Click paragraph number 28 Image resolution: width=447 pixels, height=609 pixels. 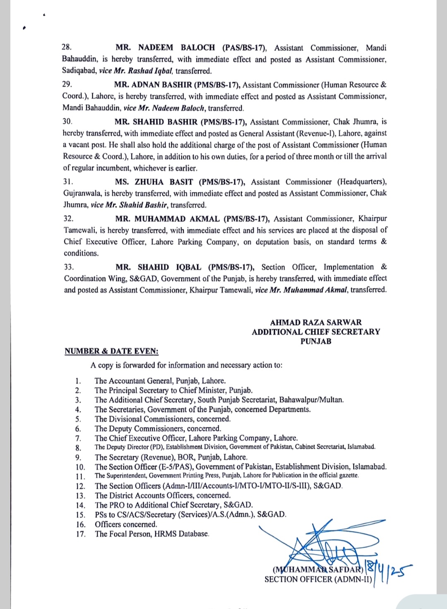(67, 48)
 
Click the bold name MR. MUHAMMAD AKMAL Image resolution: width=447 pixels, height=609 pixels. (167, 219)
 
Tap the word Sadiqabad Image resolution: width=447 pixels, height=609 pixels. (79, 71)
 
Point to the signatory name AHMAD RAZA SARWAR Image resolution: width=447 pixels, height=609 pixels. (316, 322)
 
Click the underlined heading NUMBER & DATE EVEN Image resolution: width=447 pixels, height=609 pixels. (111, 351)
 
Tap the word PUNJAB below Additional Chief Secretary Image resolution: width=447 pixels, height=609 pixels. (316, 341)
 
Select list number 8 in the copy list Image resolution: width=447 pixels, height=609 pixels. (78, 448)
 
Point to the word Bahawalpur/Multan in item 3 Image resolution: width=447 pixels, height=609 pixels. (311, 400)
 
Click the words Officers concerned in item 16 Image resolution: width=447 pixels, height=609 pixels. (126, 524)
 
